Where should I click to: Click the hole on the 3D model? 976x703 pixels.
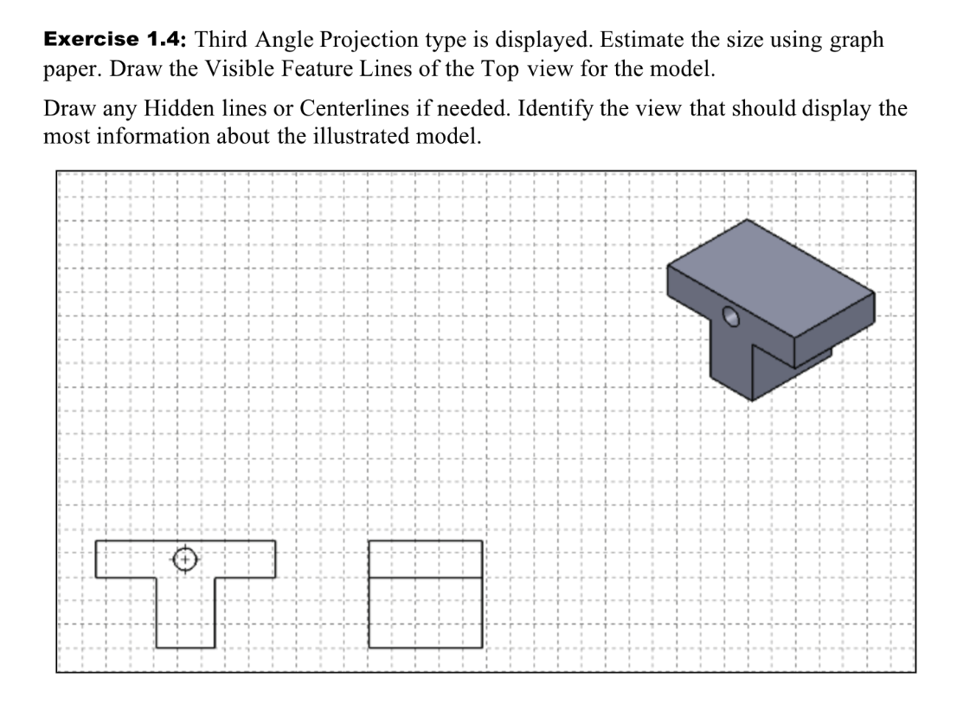pos(732,316)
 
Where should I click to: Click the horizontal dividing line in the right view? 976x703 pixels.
pos(425,577)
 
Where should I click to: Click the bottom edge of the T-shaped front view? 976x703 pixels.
pos(186,647)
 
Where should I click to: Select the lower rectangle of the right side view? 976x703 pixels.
pos(425,611)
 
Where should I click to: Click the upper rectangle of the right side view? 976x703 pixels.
pos(425,559)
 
